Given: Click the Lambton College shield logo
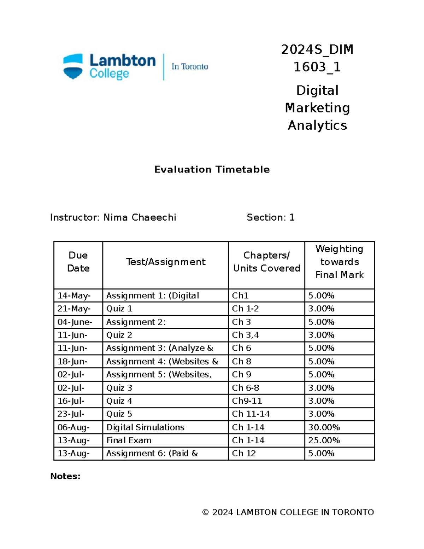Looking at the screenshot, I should click(73, 66).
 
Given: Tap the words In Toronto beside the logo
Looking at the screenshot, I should click(190, 67).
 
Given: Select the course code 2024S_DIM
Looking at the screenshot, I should click(317, 50).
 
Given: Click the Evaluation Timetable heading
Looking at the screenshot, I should click(212, 170).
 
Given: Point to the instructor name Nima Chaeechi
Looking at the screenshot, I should click(140, 217).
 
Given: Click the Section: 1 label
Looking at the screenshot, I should click(271, 217).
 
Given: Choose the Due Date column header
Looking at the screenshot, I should click(78, 262).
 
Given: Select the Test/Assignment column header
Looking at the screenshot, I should click(166, 262).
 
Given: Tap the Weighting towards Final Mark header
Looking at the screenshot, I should click(339, 262).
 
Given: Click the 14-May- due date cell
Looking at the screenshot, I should click(74, 296).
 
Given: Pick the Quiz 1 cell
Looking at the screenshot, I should click(119, 309).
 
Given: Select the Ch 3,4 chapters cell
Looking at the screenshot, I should click(245, 335).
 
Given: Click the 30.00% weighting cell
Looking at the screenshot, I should click(324, 427).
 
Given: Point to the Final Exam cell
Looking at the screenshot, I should click(129, 440).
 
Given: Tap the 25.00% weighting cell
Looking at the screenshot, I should click(324, 440).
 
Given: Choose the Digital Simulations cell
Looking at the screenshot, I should click(145, 427).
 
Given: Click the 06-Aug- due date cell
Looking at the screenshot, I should click(73, 427).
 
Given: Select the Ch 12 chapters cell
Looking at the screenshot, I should click(244, 454).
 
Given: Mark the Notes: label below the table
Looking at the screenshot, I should click(65, 477).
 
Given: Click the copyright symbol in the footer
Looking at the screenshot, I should click(205, 512).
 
